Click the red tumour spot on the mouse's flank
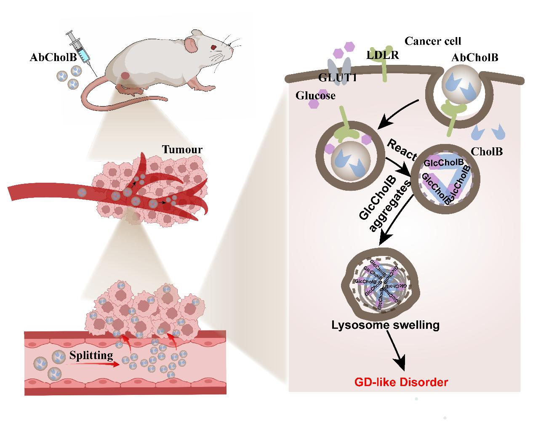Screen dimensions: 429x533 [125, 76]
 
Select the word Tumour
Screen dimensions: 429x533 [182, 149]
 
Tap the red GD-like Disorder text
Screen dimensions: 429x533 [401, 382]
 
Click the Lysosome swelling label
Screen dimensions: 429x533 [385, 325]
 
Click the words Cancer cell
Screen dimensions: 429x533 [432, 41]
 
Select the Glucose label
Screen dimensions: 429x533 [315, 96]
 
